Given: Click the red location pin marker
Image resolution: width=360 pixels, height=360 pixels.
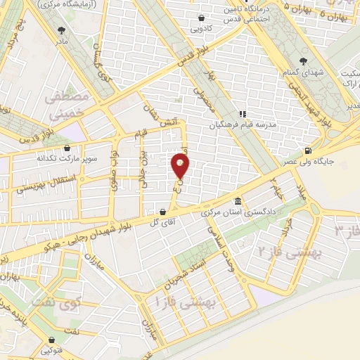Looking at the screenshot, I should pyautogui.click(x=180, y=166).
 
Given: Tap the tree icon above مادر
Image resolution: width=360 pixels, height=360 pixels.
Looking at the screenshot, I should pyautogui.click(x=62, y=30).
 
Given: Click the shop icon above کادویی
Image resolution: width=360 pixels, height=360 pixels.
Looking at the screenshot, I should pyautogui.click(x=202, y=18).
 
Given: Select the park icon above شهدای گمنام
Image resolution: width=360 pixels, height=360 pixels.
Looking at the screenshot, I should pyautogui.click(x=303, y=60).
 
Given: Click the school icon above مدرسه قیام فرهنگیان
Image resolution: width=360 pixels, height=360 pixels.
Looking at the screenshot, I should pyautogui.click(x=242, y=114).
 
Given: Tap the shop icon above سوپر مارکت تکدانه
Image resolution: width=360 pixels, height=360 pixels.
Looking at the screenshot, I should pyautogui.click(x=66, y=148).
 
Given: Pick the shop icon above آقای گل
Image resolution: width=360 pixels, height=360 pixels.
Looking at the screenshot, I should pyautogui.click(x=162, y=211).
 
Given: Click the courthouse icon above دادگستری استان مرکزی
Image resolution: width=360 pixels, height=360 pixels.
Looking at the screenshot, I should pyautogui.click(x=238, y=200).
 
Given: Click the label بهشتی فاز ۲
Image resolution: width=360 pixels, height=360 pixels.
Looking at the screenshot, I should pyautogui.click(x=285, y=250).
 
